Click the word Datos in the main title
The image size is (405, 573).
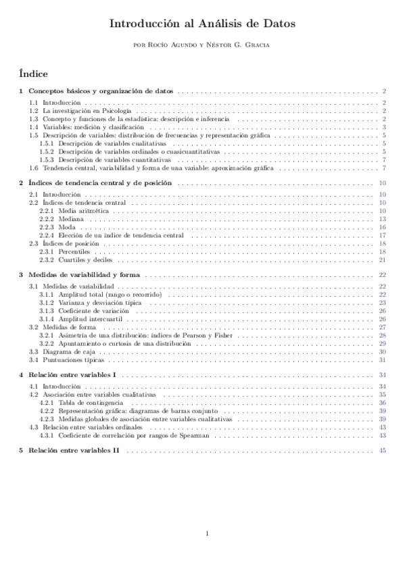point(276,24)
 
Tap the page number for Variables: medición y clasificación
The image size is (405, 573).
point(383,127)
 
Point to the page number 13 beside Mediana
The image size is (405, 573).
point(382,220)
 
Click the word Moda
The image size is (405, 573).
point(67,228)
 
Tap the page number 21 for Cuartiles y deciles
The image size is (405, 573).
point(382,259)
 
